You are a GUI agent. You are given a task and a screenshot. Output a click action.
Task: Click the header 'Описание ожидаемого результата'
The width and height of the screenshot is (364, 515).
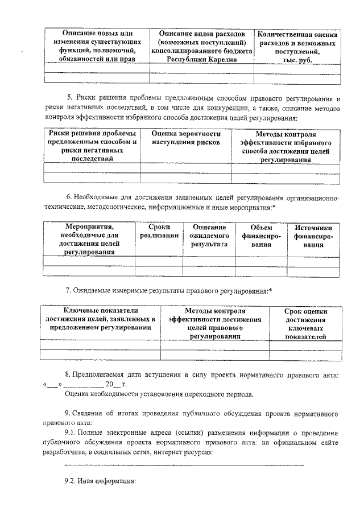pyautogui.click(x=205, y=235)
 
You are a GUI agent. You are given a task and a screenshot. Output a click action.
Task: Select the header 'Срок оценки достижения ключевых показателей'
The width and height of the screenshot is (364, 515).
pyautogui.click(x=306, y=324)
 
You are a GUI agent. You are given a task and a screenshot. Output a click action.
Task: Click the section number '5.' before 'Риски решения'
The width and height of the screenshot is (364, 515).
pyautogui.click(x=69, y=99)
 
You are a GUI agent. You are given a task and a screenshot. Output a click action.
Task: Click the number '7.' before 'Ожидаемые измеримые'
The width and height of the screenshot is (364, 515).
pyautogui.click(x=69, y=291)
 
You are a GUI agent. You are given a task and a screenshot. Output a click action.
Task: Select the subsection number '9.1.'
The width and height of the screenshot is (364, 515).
pyautogui.click(x=73, y=432)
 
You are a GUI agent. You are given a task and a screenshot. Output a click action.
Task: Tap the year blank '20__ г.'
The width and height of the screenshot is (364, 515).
pyautogui.click(x=106, y=384)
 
